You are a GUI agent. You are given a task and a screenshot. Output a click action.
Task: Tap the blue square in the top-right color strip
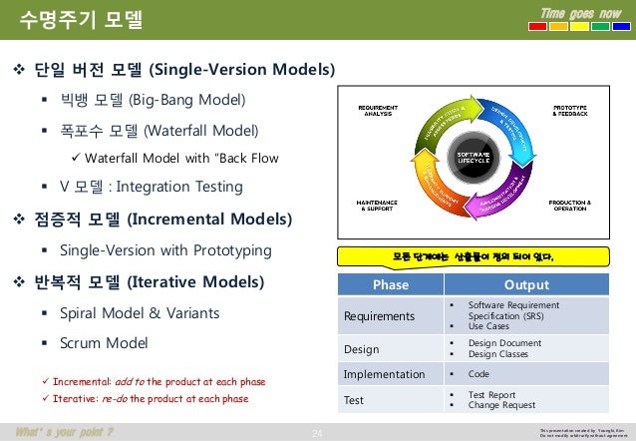[618, 28]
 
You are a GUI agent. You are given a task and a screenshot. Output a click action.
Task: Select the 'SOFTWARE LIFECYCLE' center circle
[472, 160]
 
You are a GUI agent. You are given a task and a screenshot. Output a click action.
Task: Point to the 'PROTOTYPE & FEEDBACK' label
[569, 110]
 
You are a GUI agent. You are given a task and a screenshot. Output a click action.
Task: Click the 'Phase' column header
[390, 284]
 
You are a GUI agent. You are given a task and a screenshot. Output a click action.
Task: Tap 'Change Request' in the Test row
[503, 405]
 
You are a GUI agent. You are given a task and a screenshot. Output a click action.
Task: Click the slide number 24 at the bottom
[319, 432]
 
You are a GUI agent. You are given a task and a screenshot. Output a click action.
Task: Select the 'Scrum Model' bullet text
[104, 342]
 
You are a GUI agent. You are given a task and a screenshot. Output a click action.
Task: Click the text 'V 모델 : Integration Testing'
[151, 187]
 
